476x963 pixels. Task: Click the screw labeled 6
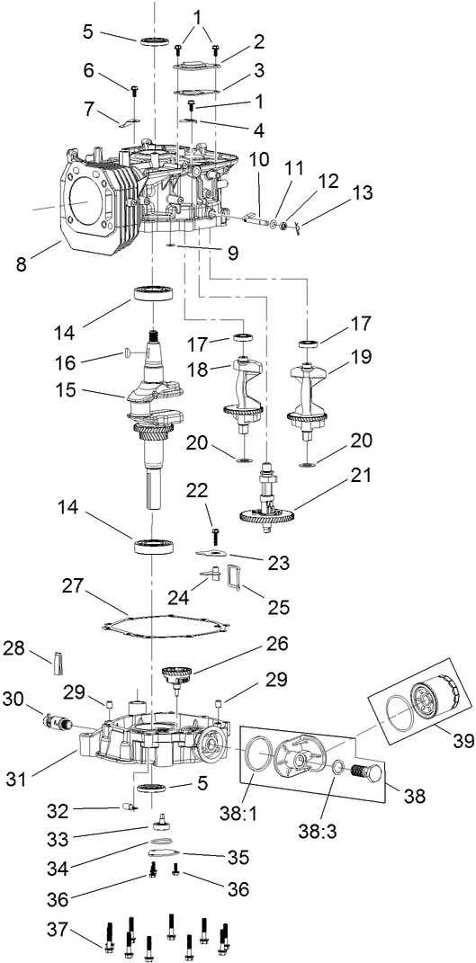[x=132, y=91]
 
